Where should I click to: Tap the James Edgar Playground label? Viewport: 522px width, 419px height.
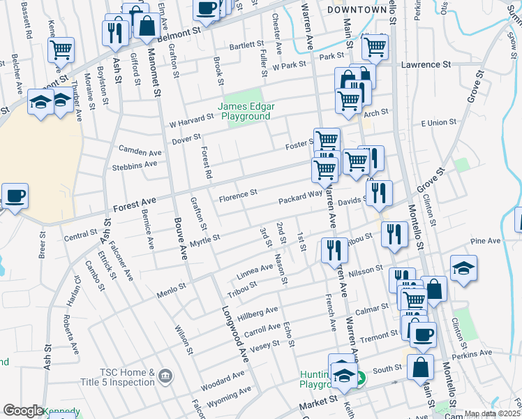[245, 112]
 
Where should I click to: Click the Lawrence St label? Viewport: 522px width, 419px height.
[426, 65]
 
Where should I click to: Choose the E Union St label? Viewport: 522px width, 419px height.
[438, 122]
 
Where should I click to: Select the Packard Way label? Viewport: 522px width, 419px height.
[300, 200]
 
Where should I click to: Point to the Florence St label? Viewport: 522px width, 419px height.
[238, 193]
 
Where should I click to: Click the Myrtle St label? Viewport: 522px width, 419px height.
[204, 240]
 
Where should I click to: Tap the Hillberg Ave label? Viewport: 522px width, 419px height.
[258, 313]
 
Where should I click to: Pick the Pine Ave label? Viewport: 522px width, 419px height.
[486, 241]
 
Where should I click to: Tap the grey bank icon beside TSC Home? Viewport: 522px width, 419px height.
[165, 377]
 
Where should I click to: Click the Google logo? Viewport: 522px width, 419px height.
[23, 411]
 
